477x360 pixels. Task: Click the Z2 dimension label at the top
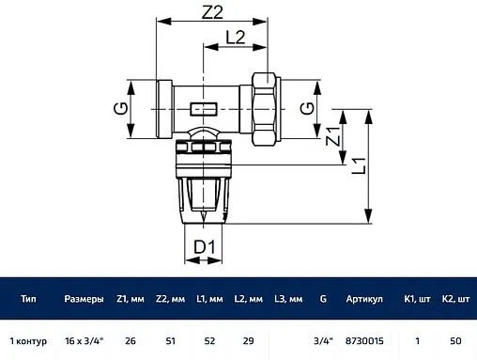(x=212, y=12)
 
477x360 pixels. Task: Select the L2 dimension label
(x=236, y=38)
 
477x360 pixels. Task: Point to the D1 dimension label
(x=205, y=247)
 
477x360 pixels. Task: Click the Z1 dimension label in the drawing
(x=332, y=136)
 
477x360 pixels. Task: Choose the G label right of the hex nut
(x=307, y=108)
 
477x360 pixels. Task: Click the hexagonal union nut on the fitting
(x=265, y=109)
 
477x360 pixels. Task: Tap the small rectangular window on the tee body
(x=204, y=109)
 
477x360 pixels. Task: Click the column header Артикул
(x=364, y=299)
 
